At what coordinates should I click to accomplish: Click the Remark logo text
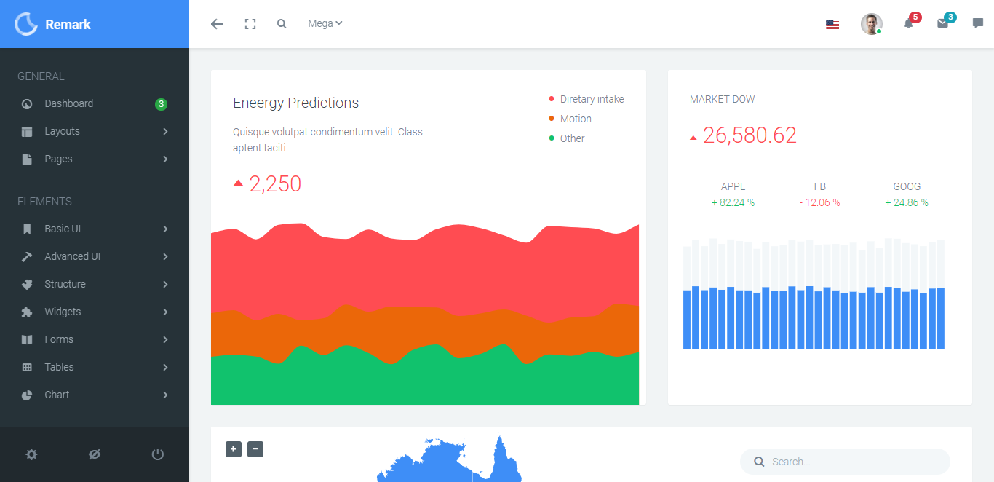point(68,24)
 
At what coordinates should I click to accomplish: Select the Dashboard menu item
point(68,103)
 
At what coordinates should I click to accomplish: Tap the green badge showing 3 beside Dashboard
point(161,104)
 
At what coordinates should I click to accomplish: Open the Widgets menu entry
point(63,312)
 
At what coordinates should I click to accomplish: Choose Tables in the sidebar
point(59,367)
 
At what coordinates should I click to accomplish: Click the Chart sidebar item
point(57,395)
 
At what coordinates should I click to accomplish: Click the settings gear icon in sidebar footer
point(31,454)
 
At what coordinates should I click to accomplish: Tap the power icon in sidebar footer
point(158,454)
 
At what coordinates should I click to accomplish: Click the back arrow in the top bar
point(217,24)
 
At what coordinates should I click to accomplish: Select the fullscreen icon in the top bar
point(250,24)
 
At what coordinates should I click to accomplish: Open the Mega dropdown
point(325,23)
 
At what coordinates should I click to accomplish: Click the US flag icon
point(832,24)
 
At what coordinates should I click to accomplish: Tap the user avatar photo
point(871,24)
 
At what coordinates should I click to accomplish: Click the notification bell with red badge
point(909,23)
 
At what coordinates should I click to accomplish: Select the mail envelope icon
point(943,23)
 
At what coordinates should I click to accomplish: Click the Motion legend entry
point(575,119)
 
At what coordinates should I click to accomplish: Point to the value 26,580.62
point(750,135)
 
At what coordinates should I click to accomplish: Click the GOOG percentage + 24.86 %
point(907,203)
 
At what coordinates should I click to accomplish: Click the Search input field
point(851,462)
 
